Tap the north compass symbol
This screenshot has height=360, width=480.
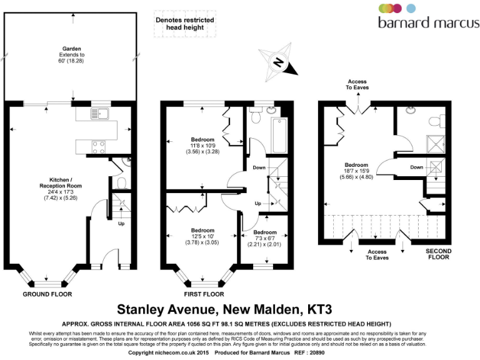click(279, 61)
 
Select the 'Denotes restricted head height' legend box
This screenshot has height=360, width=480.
click(184, 24)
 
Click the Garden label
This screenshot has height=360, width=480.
click(72, 52)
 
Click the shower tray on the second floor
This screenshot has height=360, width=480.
click(436, 143)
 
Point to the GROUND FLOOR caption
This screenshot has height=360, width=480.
click(47, 294)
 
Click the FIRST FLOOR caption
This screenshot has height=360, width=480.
click(204, 294)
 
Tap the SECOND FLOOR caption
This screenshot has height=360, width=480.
click(438, 254)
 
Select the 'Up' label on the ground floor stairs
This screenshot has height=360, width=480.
click(121, 223)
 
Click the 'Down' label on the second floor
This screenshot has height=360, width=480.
click(416, 167)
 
